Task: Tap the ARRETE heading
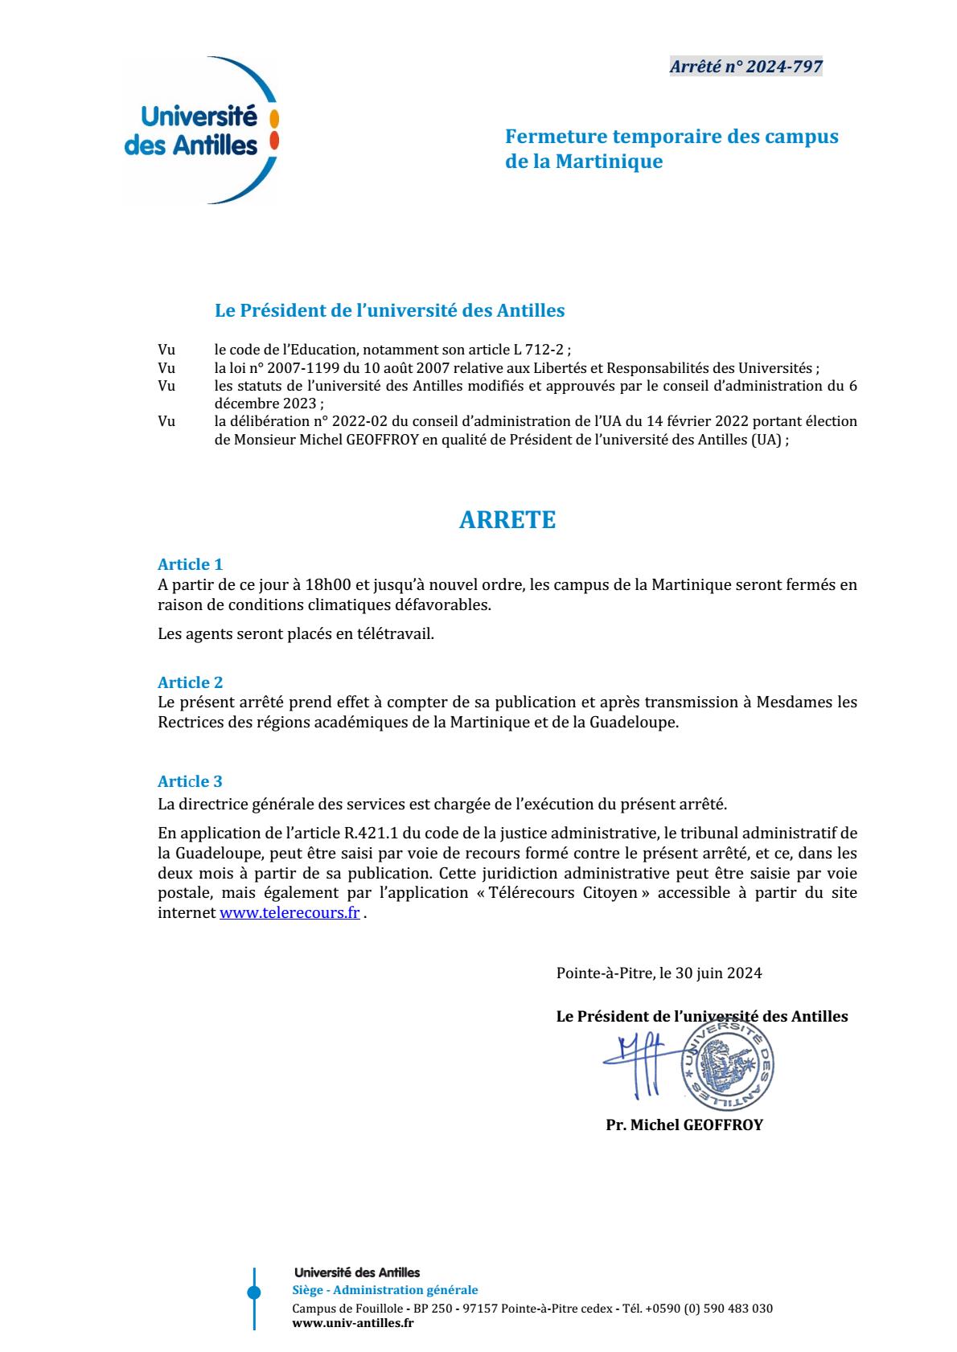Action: tap(507, 520)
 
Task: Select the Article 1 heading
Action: tap(190, 564)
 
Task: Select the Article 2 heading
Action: tap(190, 682)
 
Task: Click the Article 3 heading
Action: tap(190, 781)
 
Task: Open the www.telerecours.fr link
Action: tap(290, 913)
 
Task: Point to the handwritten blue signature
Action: tap(642, 1065)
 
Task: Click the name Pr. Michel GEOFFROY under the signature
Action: tap(684, 1125)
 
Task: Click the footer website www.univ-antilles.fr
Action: tap(352, 1322)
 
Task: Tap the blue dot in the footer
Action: tap(254, 1293)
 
